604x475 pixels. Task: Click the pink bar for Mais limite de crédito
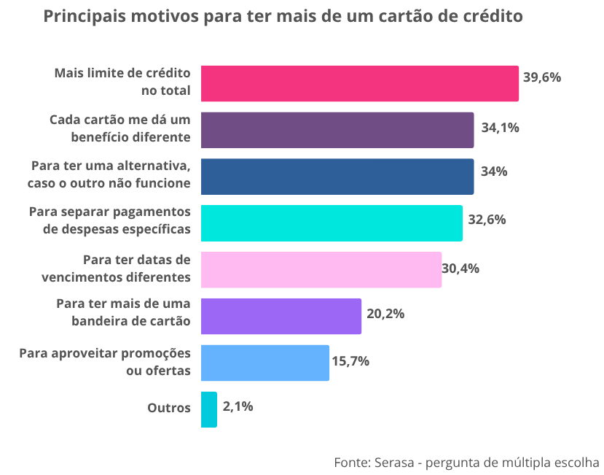359,83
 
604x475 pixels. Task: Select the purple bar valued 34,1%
337,130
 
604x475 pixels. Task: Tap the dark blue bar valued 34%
337,177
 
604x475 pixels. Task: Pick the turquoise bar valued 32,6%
331,223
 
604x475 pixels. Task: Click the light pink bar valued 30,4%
321,269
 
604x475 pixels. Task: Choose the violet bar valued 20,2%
281,316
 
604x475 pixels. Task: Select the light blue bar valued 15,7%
264,363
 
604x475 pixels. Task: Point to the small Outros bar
208,409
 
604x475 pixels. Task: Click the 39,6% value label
542,77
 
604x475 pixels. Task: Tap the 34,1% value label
500,128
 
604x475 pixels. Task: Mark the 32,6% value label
487,218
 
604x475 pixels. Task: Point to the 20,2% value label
385,314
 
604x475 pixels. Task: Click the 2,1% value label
238,406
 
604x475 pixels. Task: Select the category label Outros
169,408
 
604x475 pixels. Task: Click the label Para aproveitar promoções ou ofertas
105,362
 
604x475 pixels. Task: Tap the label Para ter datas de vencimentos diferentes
117,269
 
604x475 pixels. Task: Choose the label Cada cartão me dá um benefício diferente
120,128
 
